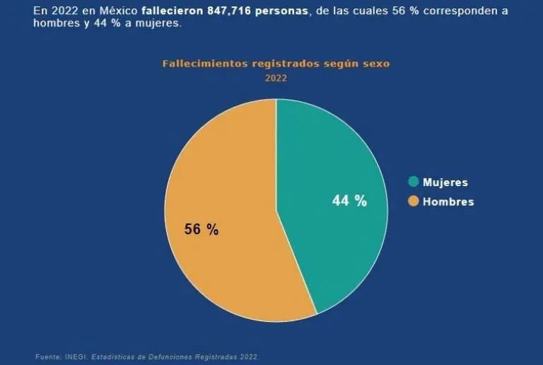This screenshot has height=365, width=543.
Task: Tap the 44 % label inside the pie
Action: pos(349,201)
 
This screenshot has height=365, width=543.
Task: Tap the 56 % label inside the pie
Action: pos(202,229)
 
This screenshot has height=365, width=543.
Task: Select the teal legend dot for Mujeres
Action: pos(413,182)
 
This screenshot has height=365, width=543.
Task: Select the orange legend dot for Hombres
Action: pos(413,202)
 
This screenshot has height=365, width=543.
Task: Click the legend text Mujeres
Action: pos(445,182)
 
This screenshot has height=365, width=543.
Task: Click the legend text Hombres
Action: pos(448,202)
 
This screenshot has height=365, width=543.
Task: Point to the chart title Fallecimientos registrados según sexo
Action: pos(276,63)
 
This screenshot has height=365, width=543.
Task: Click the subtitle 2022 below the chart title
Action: pos(276,78)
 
